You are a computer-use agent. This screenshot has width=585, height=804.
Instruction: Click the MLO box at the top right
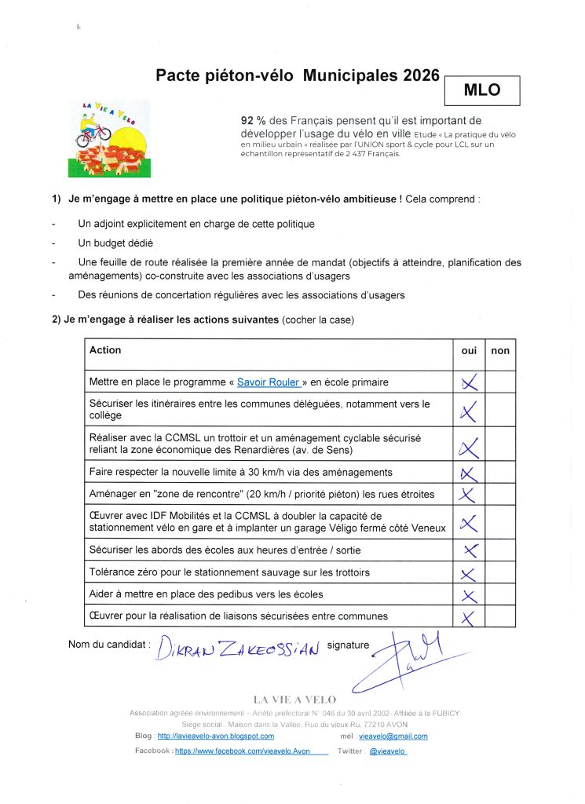(482, 90)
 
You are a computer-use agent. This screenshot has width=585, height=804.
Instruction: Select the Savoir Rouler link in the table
(269, 382)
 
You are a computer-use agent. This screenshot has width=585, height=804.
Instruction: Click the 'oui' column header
(469, 351)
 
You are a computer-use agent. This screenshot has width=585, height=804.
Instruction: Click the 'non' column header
(499, 351)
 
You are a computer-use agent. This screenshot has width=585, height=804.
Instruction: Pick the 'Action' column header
(105, 350)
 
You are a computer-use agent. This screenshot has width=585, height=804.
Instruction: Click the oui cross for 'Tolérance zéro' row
(469, 574)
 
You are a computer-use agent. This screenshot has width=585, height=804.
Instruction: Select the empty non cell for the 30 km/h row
(499, 473)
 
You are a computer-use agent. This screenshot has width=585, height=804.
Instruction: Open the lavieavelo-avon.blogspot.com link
(216, 736)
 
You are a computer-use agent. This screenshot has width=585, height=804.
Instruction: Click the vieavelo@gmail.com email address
(393, 736)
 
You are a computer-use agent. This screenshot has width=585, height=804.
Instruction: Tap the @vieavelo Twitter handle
(388, 751)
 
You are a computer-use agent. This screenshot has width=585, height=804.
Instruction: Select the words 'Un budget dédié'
(115, 243)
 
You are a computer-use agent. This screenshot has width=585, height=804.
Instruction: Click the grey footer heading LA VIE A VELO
(294, 700)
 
